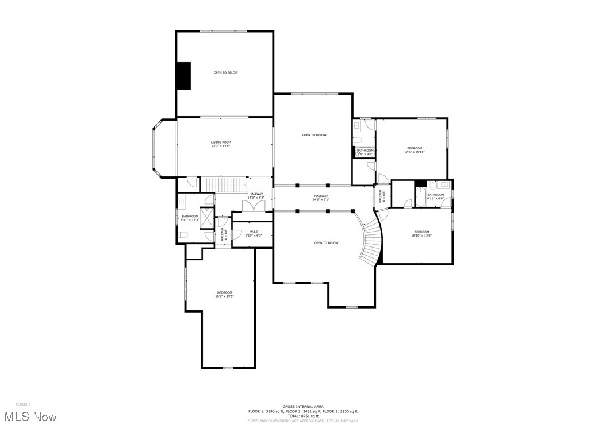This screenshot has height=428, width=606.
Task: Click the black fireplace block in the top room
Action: tap(183, 75)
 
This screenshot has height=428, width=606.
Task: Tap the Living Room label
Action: tap(221, 144)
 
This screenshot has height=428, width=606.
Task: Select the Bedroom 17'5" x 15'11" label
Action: tap(415, 150)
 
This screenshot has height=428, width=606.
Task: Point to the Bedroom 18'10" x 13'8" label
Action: tap(421, 233)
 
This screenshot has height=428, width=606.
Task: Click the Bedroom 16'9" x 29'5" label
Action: tap(224, 294)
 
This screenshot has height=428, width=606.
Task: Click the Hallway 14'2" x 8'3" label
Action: tap(255, 195)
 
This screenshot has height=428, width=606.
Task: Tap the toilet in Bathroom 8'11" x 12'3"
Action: tap(183, 234)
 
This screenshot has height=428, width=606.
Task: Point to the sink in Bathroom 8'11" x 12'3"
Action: tap(181, 202)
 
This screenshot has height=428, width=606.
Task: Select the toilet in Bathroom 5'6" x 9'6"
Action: tap(357, 140)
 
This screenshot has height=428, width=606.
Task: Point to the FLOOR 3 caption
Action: tap(23, 404)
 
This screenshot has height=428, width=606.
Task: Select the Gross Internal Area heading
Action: tap(302, 406)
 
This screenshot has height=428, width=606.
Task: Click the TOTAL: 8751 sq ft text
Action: tap(302, 415)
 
